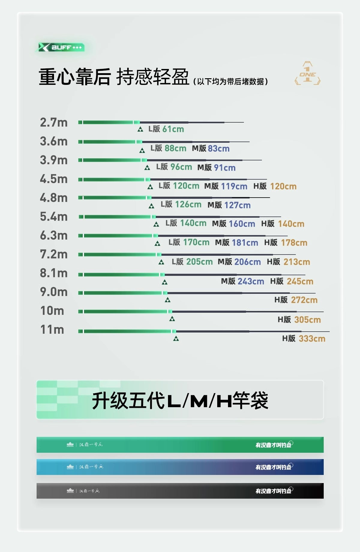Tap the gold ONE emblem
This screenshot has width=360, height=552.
point(307,73)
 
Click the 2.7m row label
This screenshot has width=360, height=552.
point(54,123)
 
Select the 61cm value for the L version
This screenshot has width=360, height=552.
point(173,129)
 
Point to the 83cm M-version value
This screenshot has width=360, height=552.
point(219,149)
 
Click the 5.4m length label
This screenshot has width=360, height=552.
point(54,217)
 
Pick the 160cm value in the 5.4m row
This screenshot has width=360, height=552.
point(242,224)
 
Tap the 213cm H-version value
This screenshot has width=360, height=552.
point(297,262)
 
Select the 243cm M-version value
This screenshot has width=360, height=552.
point(251,282)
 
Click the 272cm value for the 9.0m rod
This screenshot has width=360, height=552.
point(304,300)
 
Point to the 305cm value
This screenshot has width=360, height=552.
point(307,320)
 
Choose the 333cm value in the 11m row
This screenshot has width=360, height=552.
point(312,339)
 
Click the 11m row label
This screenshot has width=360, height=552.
point(52,330)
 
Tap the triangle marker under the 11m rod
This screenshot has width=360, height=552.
point(176,339)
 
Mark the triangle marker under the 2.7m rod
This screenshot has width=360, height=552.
point(140,130)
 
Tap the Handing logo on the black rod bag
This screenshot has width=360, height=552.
point(70,491)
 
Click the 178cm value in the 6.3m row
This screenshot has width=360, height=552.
point(294,243)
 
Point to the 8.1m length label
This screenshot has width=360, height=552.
point(54,273)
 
